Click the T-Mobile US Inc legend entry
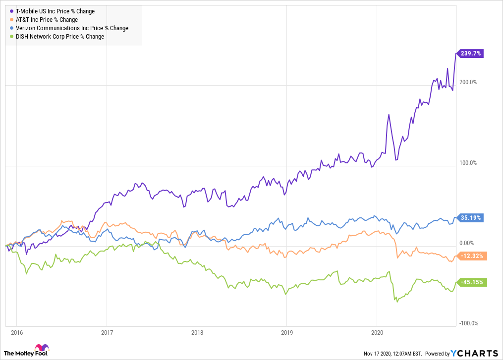[x=55, y=11]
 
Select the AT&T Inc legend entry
[x=47, y=20]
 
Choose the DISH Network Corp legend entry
[x=60, y=37]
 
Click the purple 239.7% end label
[x=470, y=53]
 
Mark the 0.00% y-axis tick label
[x=467, y=243]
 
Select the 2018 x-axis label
[x=197, y=332]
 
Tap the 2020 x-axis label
[x=377, y=332]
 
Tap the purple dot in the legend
[x=11, y=11]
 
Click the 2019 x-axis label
[x=287, y=332]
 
